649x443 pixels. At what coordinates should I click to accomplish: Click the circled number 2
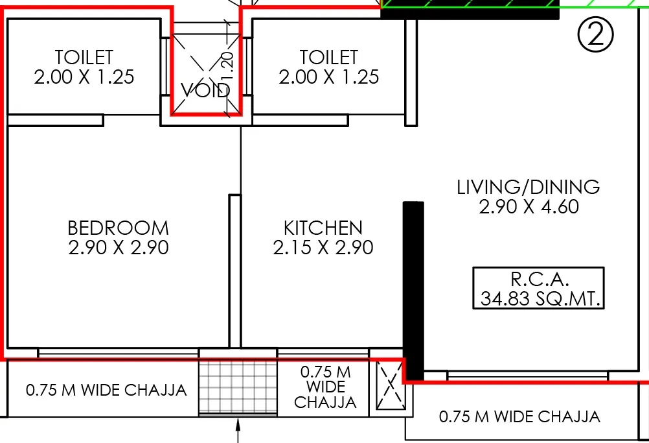(595, 36)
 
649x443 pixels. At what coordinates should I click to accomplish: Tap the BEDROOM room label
(118, 228)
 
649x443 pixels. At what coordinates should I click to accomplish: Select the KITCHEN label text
(323, 228)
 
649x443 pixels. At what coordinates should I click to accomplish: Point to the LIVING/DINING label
(529, 187)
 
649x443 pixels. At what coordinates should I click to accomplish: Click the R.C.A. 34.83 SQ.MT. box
(538, 289)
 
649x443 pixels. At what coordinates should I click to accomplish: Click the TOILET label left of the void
(84, 57)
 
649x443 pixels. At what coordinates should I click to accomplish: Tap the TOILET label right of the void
(328, 57)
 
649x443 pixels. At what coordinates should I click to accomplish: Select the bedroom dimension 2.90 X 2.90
(118, 248)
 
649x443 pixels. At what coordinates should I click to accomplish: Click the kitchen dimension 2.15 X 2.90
(323, 248)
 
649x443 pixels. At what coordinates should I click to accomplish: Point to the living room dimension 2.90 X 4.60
(529, 207)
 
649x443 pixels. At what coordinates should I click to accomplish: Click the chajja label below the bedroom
(106, 390)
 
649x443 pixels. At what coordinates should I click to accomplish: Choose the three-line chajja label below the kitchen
(325, 387)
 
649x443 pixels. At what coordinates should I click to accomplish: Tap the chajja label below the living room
(519, 416)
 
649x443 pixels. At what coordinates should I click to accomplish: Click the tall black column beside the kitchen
(413, 289)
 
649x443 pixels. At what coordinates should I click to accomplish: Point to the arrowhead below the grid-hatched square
(238, 425)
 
